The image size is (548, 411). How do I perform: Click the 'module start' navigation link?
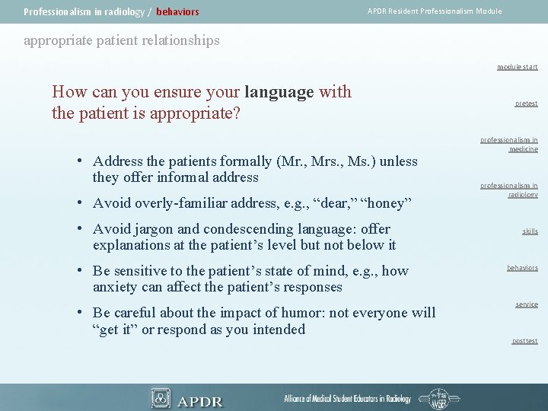click(517, 67)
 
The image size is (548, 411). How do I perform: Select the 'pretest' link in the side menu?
click(525, 104)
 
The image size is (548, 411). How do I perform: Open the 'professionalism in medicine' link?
click(508, 145)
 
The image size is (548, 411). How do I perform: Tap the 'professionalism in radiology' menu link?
click(508, 190)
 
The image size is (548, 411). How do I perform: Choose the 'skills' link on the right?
click(529, 231)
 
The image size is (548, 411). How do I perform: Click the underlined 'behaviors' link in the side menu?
click(522, 268)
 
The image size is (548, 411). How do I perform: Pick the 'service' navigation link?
click(526, 304)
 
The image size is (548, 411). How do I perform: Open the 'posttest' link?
click(524, 341)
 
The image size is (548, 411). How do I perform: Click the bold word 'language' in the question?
click(279, 92)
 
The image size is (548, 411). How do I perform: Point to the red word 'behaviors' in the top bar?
click(177, 12)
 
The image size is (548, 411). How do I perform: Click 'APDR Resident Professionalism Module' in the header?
click(435, 11)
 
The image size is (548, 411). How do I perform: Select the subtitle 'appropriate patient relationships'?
click(122, 40)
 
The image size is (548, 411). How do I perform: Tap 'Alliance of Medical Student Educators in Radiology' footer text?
click(347, 399)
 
